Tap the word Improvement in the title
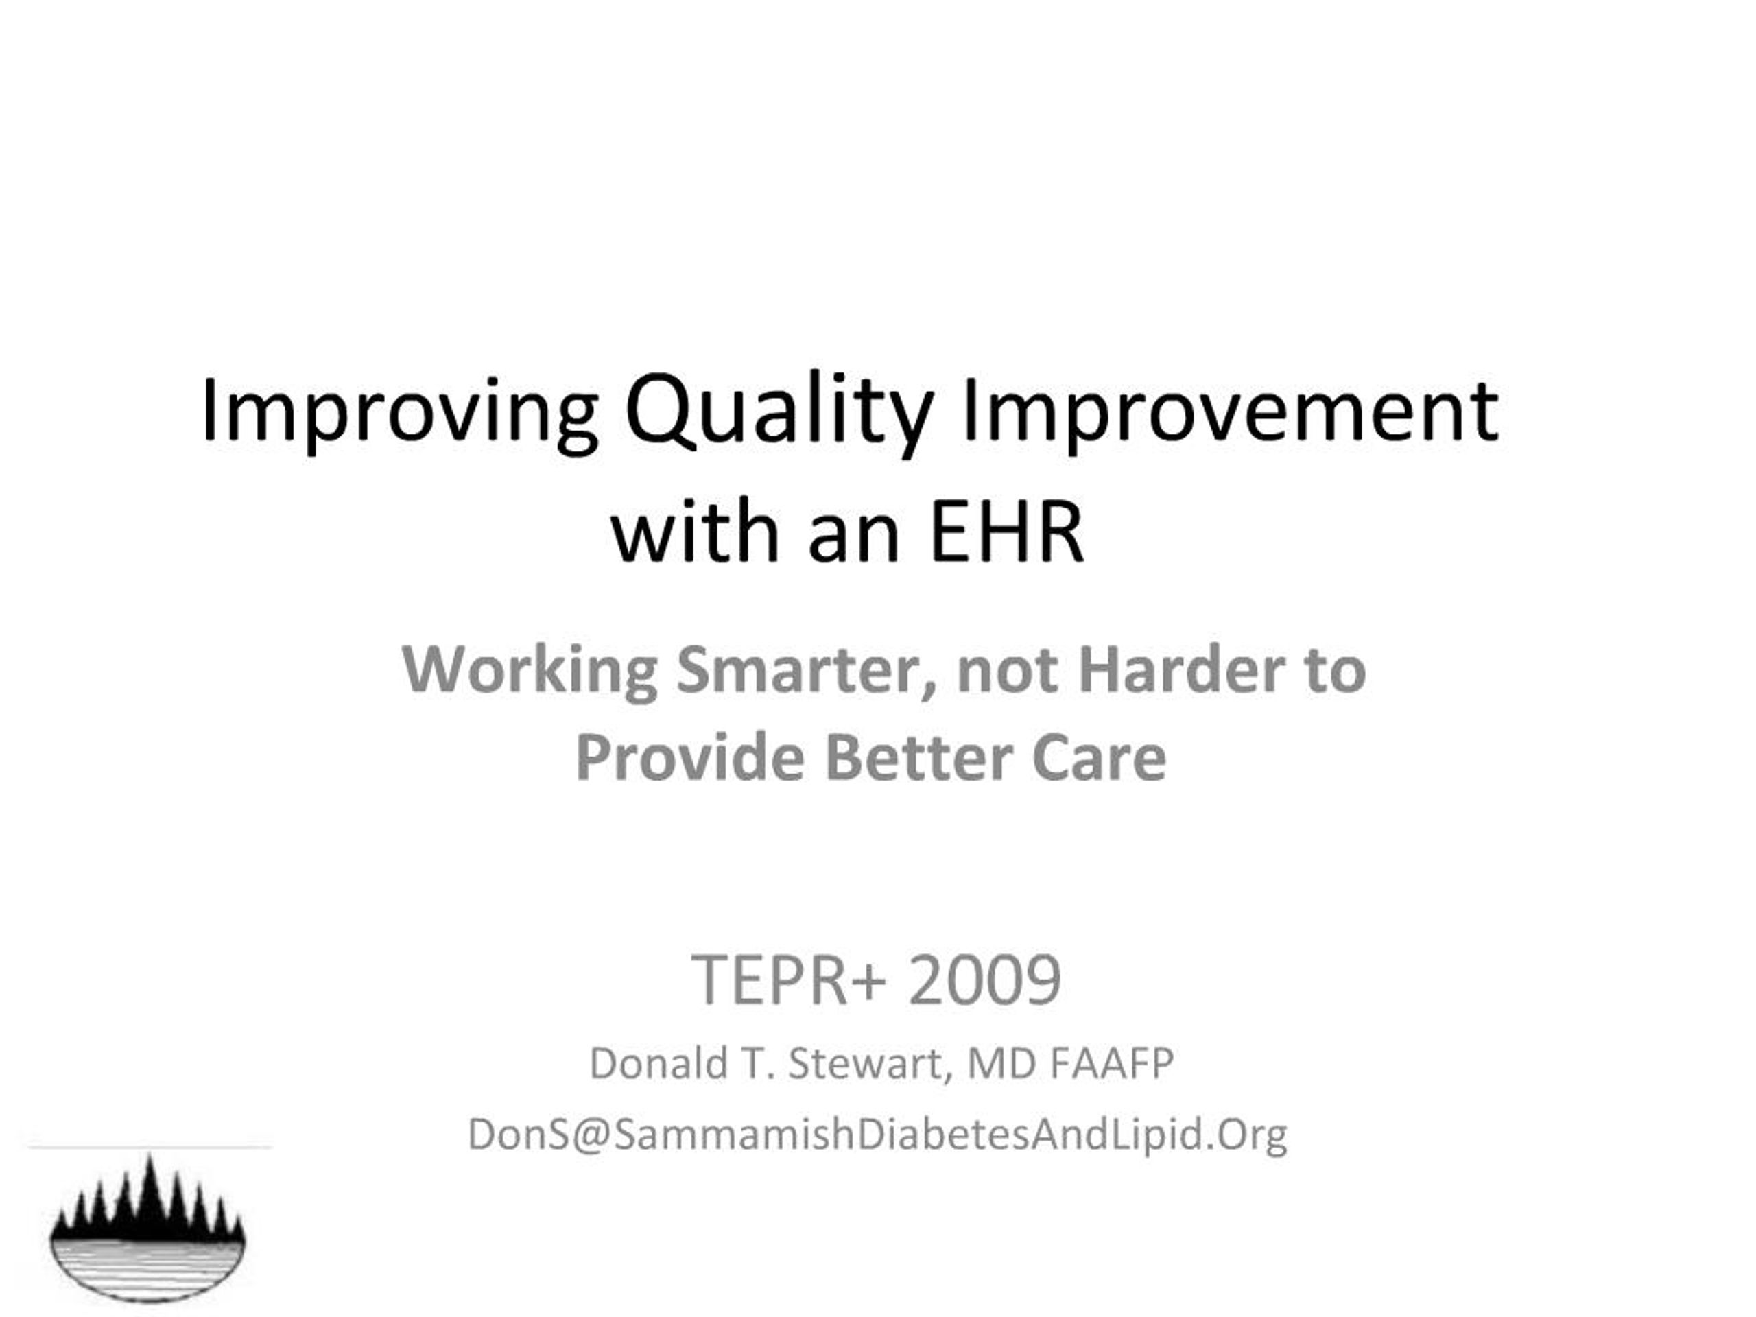tap(1230, 410)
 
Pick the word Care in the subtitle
tap(1100, 758)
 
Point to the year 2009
tap(985, 980)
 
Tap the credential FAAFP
tap(1111, 1064)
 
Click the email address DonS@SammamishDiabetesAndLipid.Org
tap(877, 1135)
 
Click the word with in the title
tap(695, 530)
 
